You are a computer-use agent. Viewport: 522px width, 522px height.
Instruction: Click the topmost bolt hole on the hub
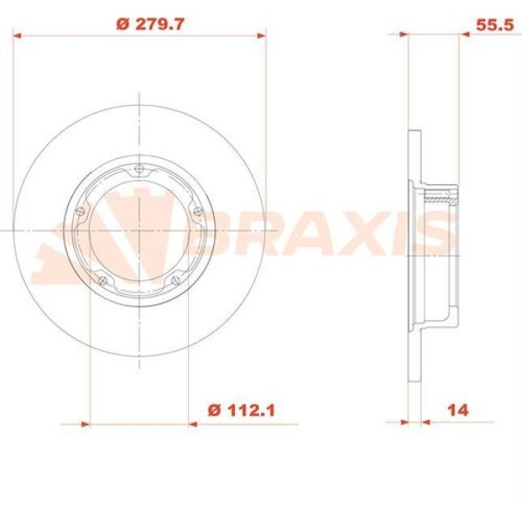click(x=139, y=171)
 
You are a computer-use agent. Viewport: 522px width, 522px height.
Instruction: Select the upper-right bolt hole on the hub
click(x=196, y=210)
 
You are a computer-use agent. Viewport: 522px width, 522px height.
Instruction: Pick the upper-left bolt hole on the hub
click(x=82, y=210)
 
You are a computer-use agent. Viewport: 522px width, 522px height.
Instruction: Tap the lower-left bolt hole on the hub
click(x=104, y=279)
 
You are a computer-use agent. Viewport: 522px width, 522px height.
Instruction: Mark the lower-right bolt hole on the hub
click(x=175, y=279)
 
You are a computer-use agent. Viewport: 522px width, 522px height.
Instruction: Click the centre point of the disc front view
click(x=139, y=230)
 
